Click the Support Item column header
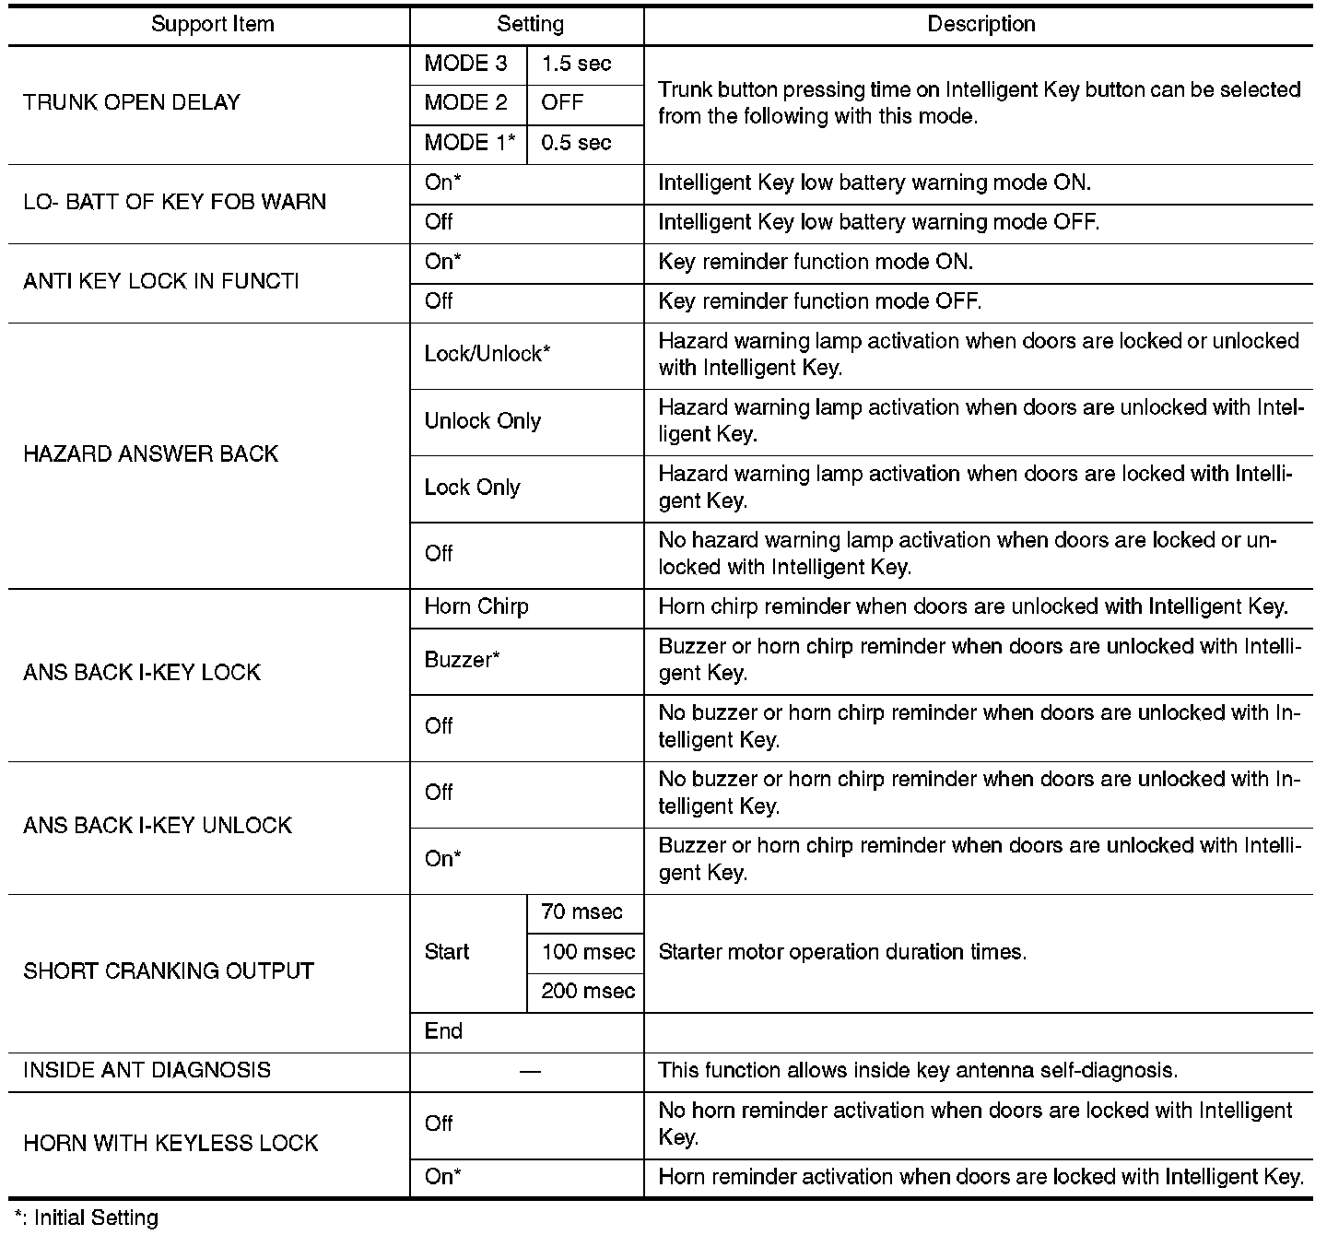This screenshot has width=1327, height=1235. [x=212, y=25]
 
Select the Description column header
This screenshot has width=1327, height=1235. [x=981, y=25]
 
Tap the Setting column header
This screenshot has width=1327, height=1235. [x=530, y=25]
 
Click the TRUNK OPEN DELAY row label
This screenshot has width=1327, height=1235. [x=132, y=102]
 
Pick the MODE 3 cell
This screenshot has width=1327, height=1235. [x=465, y=64]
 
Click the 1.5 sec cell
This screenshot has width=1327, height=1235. [x=576, y=64]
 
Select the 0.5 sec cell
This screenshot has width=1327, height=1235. [x=576, y=143]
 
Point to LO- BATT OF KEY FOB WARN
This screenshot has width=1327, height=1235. [x=174, y=202]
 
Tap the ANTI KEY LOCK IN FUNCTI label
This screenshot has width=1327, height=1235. [x=161, y=281]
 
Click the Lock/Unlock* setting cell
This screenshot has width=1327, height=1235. [x=487, y=355]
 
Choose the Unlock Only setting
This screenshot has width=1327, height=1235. [x=482, y=421]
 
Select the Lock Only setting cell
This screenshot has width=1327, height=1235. [x=472, y=488]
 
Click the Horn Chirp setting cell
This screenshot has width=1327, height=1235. [x=476, y=606]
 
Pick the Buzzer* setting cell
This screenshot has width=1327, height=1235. [x=462, y=660]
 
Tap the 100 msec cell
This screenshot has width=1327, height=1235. [x=588, y=952]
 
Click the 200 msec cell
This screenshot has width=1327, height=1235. [x=588, y=992]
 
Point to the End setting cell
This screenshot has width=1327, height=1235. [x=443, y=1031]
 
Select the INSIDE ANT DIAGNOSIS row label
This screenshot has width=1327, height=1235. [x=147, y=1071]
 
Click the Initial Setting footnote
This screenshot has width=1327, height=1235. [x=87, y=1218]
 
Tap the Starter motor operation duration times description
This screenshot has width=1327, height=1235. [x=842, y=952]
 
